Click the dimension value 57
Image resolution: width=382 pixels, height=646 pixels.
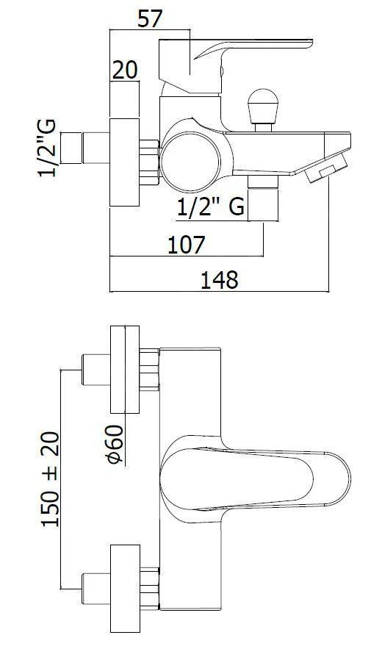pyautogui.click(x=150, y=19)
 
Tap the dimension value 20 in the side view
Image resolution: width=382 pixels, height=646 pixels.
pyautogui.click(x=125, y=70)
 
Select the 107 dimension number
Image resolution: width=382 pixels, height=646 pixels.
pyautogui.click(x=186, y=245)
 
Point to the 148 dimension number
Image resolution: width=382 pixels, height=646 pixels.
pyautogui.click(x=220, y=280)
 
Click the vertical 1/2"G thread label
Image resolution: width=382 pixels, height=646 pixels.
pyautogui.click(x=47, y=148)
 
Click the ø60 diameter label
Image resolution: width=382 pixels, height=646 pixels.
pyautogui.click(x=115, y=444)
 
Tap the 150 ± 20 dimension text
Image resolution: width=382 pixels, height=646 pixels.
pyautogui.click(x=50, y=478)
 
